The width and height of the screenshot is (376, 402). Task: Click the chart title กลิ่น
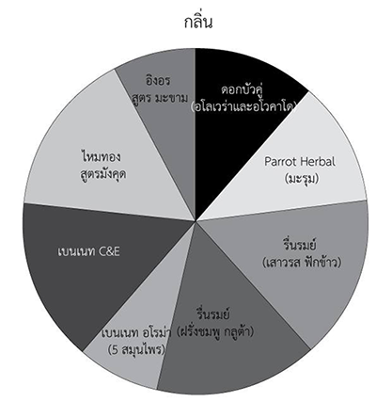[x=198, y=22]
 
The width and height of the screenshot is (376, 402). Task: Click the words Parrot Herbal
[x=300, y=162]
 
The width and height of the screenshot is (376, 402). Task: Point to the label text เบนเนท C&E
[x=89, y=251]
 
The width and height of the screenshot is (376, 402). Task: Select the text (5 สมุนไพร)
[x=136, y=349]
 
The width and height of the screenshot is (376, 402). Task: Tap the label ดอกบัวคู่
[x=242, y=89]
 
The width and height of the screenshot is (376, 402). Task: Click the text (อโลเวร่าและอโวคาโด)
[x=243, y=106]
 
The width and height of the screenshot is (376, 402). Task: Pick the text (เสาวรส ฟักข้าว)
[x=302, y=263]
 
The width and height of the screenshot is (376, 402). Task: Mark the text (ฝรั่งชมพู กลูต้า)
[x=215, y=331]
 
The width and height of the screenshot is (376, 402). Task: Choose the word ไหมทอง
[x=101, y=157]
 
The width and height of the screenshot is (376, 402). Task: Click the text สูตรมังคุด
[x=103, y=173]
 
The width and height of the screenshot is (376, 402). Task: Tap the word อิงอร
[x=158, y=80]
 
